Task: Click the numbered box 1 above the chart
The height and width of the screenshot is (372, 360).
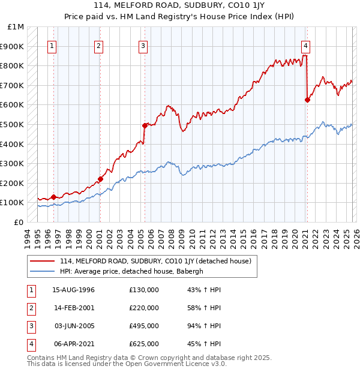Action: click(53, 46)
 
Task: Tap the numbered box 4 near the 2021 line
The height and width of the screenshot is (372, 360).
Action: click(306, 46)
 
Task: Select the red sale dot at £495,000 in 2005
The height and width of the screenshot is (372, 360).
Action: click(145, 125)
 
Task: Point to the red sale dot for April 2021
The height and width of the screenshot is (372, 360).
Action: click(307, 100)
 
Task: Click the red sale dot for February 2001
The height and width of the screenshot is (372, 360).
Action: click(100, 179)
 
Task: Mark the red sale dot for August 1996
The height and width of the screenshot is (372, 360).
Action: click(53, 197)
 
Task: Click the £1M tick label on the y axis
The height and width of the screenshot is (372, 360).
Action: click(16, 27)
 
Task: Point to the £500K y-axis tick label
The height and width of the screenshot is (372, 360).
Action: click(13, 124)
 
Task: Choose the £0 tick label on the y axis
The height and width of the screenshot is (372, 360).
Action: click(20, 222)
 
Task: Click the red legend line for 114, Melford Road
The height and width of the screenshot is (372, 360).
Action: click(42, 261)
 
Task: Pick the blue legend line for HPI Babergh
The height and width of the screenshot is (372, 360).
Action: click(42, 271)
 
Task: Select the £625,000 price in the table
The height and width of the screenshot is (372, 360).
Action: click(144, 344)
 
